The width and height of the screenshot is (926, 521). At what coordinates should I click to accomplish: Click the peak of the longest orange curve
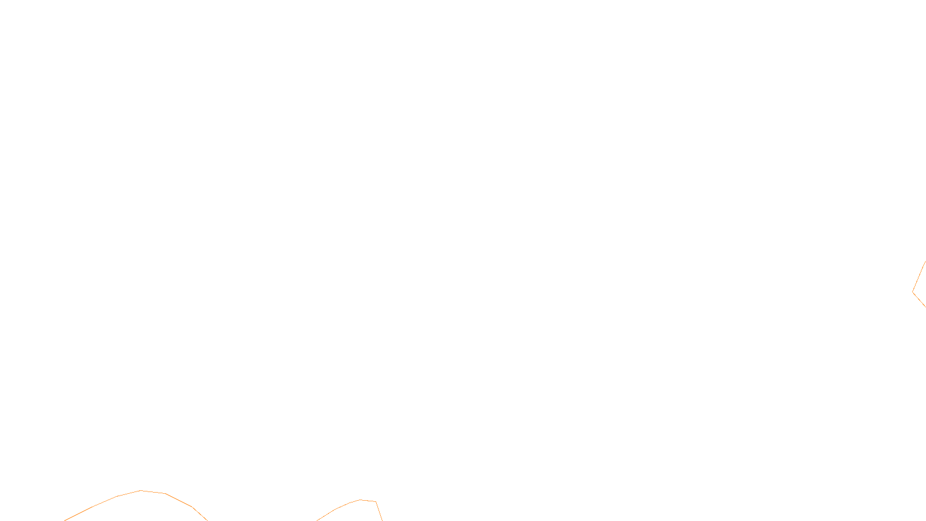(x=141, y=491)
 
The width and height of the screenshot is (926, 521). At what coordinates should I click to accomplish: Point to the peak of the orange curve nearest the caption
(x=361, y=500)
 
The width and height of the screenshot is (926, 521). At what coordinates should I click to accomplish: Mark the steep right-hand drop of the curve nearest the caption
(x=379, y=511)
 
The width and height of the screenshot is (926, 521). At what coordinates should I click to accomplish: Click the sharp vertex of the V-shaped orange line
(x=913, y=292)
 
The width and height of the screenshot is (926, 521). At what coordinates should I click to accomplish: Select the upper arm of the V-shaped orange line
(x=919, y=277)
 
